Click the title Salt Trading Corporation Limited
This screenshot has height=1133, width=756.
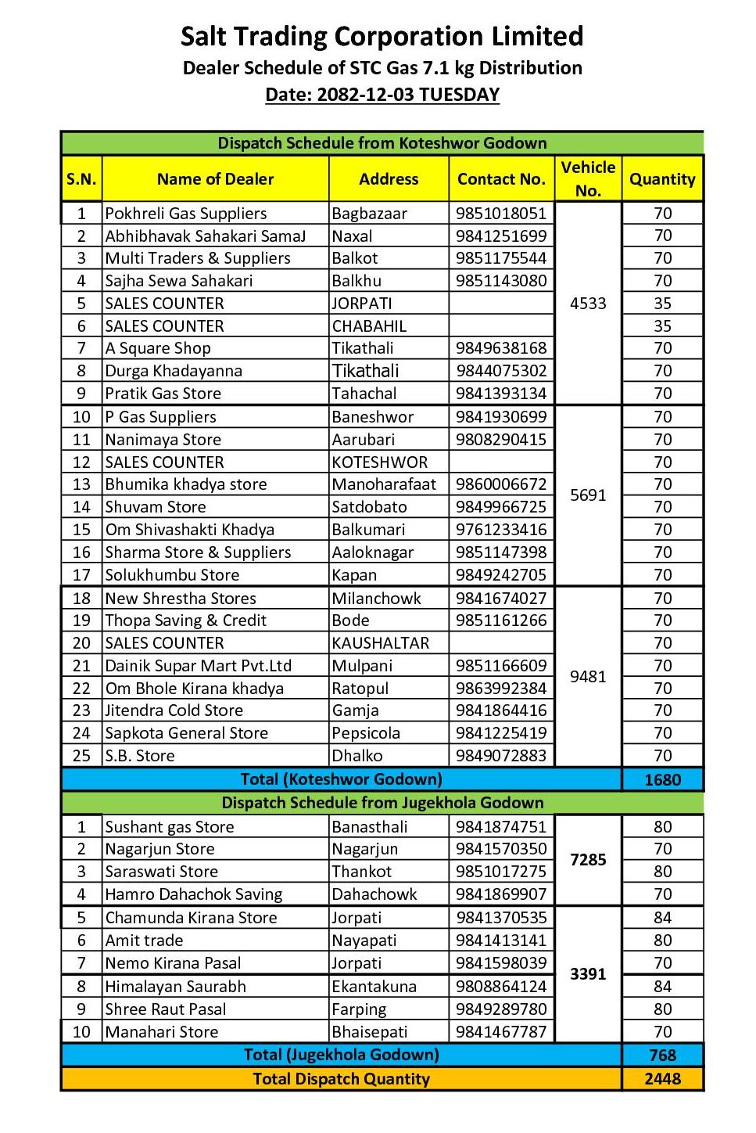pos(382,36)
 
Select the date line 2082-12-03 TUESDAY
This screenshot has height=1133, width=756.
pos(382,95)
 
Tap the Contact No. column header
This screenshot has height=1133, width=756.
pos(501,179)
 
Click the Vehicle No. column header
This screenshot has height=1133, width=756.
pos(588,178)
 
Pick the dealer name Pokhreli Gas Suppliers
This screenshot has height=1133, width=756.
pos(186,214)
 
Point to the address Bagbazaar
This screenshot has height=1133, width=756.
pos(369,214)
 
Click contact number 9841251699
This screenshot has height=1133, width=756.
pos(501,236)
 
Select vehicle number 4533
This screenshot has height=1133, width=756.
pos(588,304)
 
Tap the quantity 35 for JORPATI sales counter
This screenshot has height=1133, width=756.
pos(662,304)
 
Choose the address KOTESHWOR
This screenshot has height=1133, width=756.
pos(380,462)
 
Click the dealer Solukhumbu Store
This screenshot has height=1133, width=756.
pos(172,575)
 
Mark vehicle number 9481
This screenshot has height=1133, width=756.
pos(588,677)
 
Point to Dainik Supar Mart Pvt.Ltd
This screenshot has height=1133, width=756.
pos(198,666)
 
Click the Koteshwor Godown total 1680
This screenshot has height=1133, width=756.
pos(662,780)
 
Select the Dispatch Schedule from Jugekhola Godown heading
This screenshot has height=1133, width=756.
pos(382,803)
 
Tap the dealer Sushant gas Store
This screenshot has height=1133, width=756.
pos(170,827)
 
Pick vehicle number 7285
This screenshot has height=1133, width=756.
pos(588,860)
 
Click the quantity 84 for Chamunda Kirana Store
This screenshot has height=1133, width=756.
pos(662,918)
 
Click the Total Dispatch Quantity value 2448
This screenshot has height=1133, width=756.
pos(662,1079)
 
